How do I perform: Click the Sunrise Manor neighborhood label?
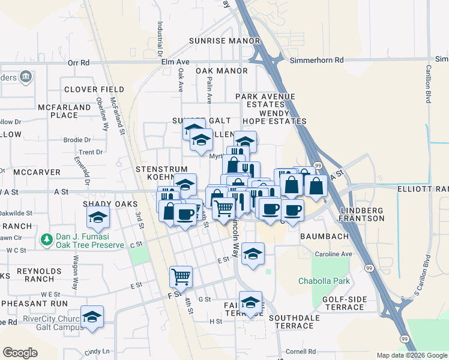tap(215, 41)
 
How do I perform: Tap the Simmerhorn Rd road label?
tap(316, 60)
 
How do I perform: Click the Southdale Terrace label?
tap(291, 322)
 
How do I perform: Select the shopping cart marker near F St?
tap(181, 277)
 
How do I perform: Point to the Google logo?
tap(20, 353)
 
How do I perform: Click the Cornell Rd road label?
tap(301, 351)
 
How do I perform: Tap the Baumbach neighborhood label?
tap(325, 236)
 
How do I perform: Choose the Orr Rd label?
tap(79, 62)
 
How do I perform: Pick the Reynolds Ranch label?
tap(39, 275)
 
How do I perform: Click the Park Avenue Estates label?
tap(265, 100)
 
